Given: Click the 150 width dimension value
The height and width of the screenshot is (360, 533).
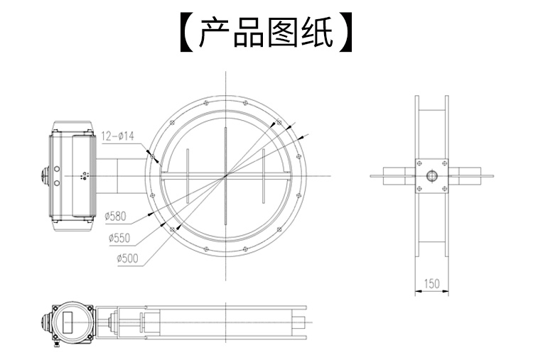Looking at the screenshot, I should [431, 283].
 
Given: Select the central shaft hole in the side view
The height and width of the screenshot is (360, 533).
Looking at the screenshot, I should [431, 175].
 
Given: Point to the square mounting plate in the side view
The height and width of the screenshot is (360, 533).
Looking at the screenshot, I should [431, 175].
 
